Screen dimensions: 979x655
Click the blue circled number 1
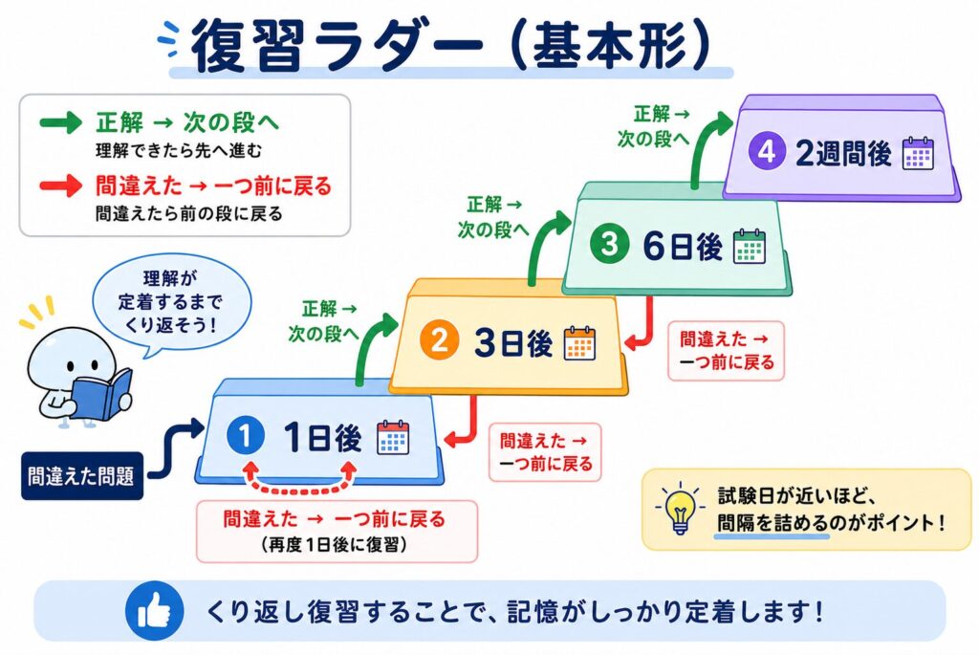[245, 435]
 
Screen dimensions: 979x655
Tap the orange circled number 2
[439, 340]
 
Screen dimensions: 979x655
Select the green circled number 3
[609, 244]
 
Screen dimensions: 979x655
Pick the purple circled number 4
[767, 151]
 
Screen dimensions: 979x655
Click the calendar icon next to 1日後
[393, 437]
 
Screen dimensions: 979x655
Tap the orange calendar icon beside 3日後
[580, 342]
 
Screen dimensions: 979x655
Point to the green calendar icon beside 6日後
[750, 246]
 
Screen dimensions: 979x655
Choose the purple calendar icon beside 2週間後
[918, 153]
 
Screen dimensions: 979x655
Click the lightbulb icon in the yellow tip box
[680, 509]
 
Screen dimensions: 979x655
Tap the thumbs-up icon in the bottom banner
[154, 611]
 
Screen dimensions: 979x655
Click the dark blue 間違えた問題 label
[82, 476]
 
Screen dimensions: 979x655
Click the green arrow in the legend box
[60, 121]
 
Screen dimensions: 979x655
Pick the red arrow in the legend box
[60, 186]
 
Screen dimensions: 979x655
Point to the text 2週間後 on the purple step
[843, 152]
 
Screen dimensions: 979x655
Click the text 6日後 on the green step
[683, 246]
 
